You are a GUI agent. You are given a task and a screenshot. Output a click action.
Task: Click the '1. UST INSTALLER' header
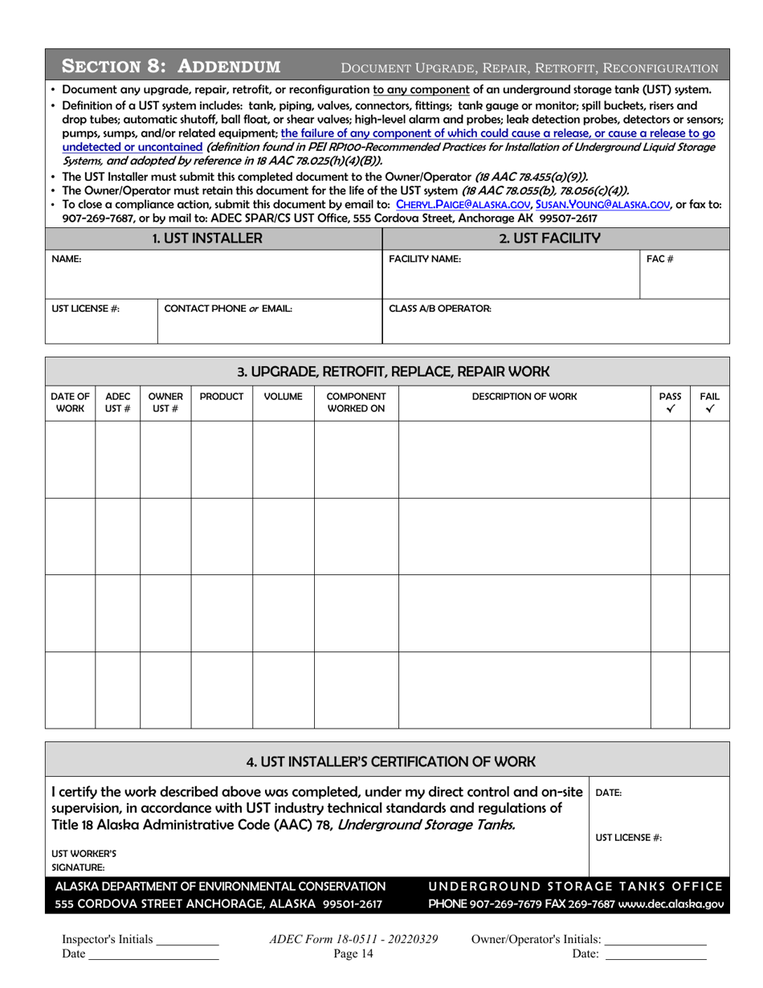[214, 238]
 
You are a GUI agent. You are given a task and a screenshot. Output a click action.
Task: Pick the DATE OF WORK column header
[71, 402]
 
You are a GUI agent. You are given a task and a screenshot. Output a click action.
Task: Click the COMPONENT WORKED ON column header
[356, 402]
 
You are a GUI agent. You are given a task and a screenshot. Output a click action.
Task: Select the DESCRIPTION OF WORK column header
[524, 397]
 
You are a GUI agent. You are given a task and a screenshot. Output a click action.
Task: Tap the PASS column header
[670, 402]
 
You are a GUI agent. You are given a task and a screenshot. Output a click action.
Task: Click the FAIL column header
[709, 402]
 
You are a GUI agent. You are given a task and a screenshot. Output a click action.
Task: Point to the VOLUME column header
[283, 397]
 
